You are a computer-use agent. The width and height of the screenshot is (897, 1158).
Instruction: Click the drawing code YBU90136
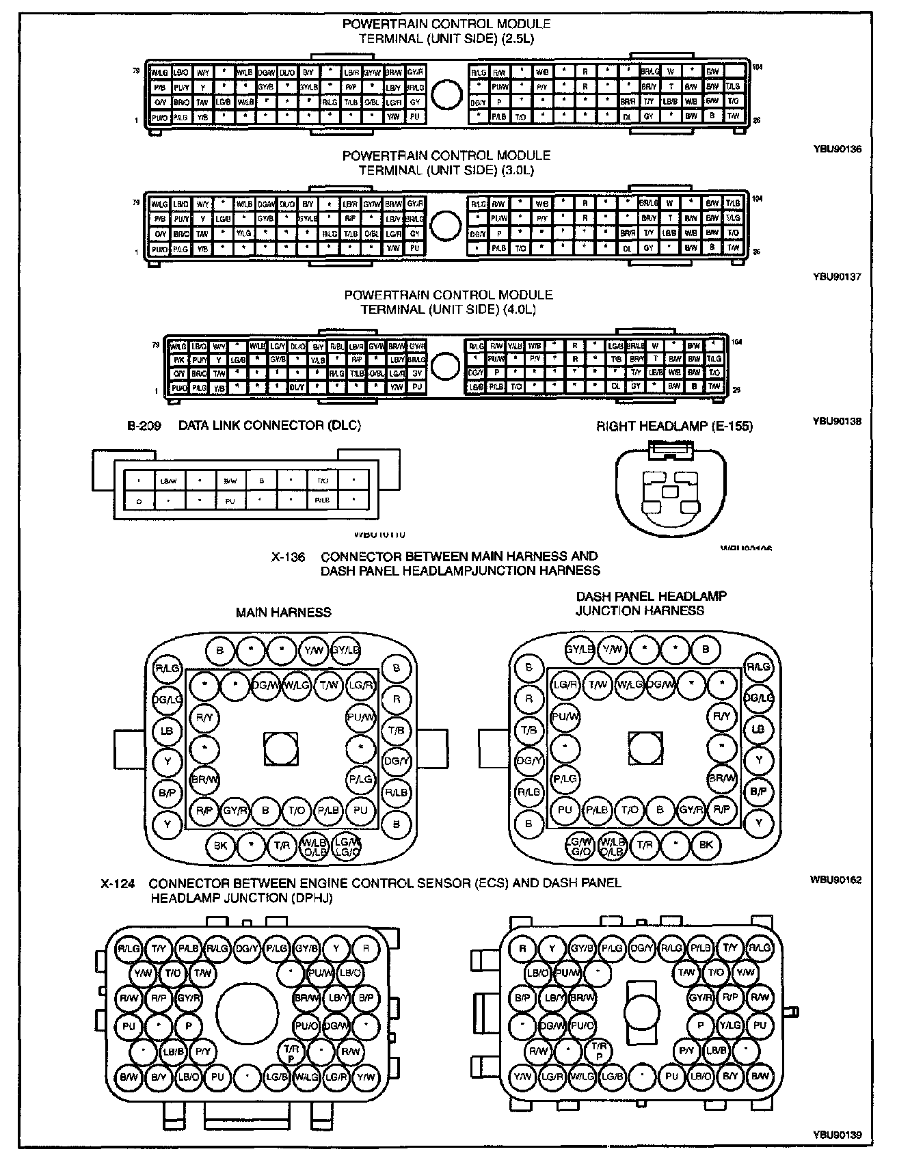pyautogui.click(x=837, y=148)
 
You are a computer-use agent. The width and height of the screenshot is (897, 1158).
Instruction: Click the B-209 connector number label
pyautogui.click(x=144, y=426)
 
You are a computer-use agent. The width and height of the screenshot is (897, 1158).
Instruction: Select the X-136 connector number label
pyautogui.click(x=287, y=557)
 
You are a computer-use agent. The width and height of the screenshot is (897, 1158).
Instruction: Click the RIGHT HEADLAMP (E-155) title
pyautogui.click(x=674, y=427)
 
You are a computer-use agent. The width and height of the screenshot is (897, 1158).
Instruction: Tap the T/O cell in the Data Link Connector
pyautogui.click(x=323, y=481)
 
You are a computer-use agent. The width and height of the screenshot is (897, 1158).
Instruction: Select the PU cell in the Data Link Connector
pyautogui.click(x=230, y=501)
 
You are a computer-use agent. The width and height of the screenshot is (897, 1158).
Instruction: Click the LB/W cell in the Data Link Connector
pyautogui.click(x=168, y=481)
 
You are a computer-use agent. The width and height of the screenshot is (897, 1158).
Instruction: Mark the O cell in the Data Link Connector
pyautogui.click(x=139, y=501)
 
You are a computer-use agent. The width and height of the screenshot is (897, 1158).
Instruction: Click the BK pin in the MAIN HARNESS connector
pyautogui.click(x=220, y=846)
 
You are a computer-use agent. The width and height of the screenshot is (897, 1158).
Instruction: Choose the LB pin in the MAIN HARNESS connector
pyautogui.click(x=167, y=731)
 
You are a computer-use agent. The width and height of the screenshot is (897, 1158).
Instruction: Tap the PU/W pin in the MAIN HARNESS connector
pyautogui.click(x=360, y=717)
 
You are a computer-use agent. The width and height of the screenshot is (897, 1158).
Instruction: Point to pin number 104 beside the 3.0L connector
pyautogui.click(x=757, y=199)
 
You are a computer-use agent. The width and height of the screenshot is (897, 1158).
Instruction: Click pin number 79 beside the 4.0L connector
pyautogui.click(x=155, y=345)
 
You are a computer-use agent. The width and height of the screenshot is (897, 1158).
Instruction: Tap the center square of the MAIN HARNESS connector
pyautogui.click(x=281, y=749)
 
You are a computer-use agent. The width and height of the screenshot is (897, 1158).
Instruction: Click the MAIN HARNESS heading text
pyautogui.click(x=283, y=612)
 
